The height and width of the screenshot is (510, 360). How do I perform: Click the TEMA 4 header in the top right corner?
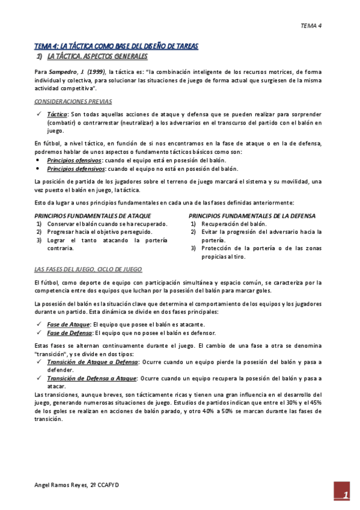[x=311, y=26]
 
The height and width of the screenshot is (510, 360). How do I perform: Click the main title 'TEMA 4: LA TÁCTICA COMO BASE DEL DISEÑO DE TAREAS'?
[x=116, y=46]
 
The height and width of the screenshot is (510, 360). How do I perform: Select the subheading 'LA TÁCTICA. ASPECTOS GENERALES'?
[x=97, y=57]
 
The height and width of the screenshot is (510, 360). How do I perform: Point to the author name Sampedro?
[x=66, y=72]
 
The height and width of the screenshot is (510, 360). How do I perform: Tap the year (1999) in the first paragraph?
[x=97, y=72]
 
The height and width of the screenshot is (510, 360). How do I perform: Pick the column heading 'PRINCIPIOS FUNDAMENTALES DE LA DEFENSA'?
[x=252, y=215]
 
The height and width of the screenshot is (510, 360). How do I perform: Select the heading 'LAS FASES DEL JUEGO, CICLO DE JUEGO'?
[x=88, y=269]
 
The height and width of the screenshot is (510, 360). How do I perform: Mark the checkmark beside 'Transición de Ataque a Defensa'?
[x=39, y=363]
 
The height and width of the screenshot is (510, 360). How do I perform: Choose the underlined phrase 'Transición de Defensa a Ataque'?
[x=92, y=378]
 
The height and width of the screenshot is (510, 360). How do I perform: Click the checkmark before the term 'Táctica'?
[x=39, y=114]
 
